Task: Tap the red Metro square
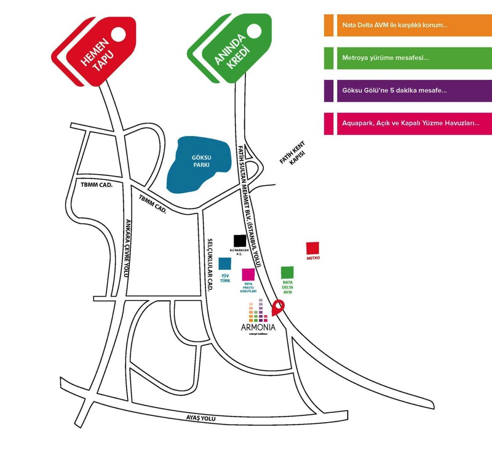[313, 248]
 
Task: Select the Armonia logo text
[258, 327]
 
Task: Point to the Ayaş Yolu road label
[201, 418]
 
